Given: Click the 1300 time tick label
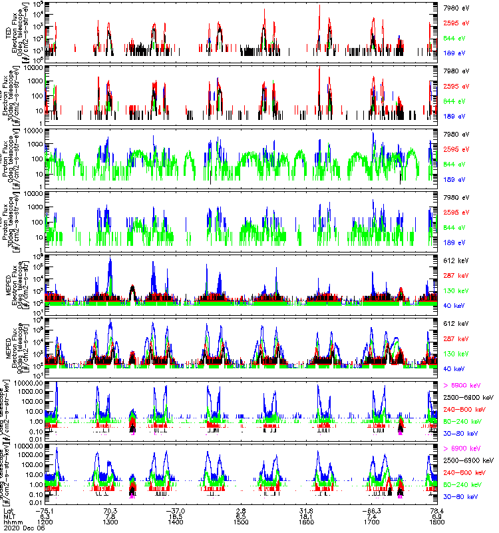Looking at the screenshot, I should tap(110, 522).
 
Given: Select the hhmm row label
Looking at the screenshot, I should tap(13, 522).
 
